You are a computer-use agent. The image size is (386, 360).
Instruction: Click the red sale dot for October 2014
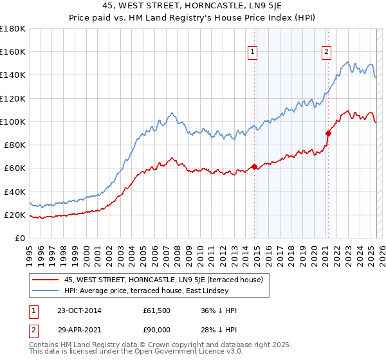coord(254,167)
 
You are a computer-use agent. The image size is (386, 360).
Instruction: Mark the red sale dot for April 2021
coord(328,134)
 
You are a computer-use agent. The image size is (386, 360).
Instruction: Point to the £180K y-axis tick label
coord(14,29)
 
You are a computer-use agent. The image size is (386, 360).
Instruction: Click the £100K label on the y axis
coord(14,122)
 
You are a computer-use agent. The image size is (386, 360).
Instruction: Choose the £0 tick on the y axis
coord(21,238)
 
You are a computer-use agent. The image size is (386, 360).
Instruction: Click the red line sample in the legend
coord(46,280)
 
